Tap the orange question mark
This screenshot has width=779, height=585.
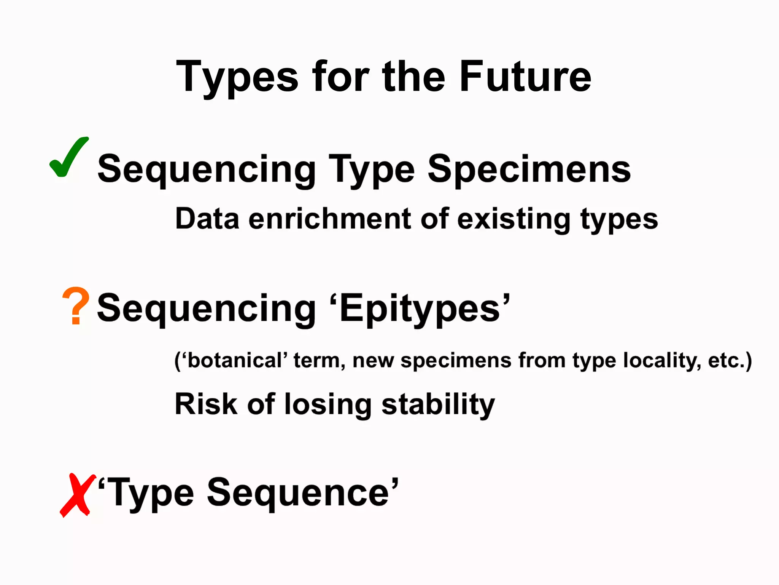[x=76, y=306]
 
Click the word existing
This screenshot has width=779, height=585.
[x=514, y=220]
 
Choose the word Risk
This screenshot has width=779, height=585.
[x=206, y=404]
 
